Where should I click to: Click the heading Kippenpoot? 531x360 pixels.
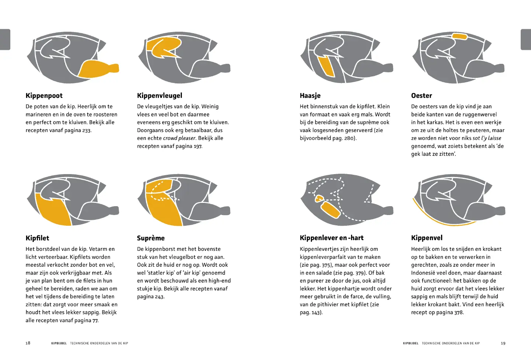tap(44, 96)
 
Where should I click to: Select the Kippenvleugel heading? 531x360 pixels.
tap(160, 96)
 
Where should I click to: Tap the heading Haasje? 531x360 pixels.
tap(310, 96)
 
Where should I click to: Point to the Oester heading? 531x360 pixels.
tap(421, 96)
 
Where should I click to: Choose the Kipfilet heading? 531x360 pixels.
tap(38, 238)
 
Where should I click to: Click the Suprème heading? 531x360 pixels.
tap(151, 238)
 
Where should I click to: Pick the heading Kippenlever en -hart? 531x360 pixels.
tap(332, 238)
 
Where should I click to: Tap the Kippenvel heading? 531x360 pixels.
tap(427, 238)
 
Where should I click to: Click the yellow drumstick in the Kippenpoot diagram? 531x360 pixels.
tap(97, 69)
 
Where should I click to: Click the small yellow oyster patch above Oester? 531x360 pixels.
tap(459, 36)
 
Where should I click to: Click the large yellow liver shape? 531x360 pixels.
tap(331, 210)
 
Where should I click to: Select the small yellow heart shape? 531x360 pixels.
tap(319, 198)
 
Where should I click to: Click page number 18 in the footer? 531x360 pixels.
tap(28, 343)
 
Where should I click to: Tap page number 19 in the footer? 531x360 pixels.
tap(503, 343)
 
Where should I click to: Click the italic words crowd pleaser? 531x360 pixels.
tap(180, 138)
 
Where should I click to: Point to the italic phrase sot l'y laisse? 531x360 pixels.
tap(487, 138)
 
